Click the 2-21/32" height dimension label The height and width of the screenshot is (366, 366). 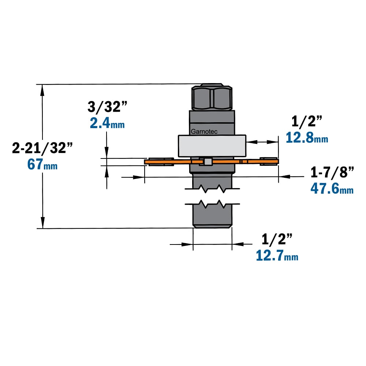click(x=42, y=148)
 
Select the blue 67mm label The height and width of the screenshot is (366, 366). click(x=42, y=164)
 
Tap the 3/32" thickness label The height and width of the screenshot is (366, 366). click(x=107, y=107)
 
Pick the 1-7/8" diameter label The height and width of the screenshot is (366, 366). click(x=332, y=172)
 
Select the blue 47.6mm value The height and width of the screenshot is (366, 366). click(x=332, y=188)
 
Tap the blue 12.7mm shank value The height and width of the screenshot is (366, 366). click(x=277, y=255)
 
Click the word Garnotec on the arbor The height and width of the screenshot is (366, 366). click(x=204, y=132)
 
